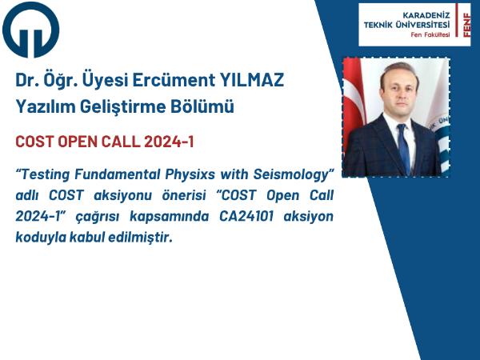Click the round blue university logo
(30, 30)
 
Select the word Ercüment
(174, 80)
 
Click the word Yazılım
(46, 107)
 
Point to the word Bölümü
(202, 106)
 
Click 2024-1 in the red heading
(169, 142)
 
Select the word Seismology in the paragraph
(293, 175)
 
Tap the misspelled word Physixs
(190, 175)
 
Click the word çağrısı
(98, 217)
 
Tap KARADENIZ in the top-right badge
(426, 15)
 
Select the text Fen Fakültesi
(430, 34)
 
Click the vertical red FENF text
(466, 25)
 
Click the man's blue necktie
(404, 148)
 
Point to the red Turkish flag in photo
(354, 101)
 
